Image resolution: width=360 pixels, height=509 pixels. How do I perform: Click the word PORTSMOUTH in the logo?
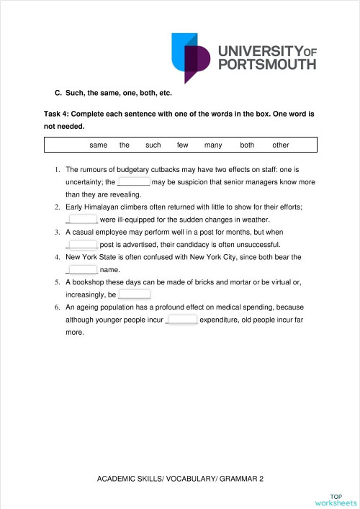(x=267, y=64)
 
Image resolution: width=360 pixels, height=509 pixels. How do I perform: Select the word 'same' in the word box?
(x=99, y=145)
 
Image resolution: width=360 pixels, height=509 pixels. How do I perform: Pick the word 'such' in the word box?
(x=153, y=145)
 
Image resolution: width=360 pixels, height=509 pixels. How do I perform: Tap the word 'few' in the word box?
(x=182, y=145)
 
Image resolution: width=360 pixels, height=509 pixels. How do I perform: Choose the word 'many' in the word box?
(x=213, y=145)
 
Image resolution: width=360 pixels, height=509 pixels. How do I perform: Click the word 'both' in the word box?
(x=247, y=145)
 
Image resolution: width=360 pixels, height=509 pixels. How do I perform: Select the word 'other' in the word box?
(x=281, y=145)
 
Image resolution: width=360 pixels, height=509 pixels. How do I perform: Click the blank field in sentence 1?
(x=133, y=182)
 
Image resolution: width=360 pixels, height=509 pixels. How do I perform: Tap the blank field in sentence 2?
(x=81, y=220)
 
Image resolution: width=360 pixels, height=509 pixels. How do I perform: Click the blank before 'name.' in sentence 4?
(x=81, y=269)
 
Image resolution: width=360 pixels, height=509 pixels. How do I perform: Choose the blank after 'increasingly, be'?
(x=134, y=294)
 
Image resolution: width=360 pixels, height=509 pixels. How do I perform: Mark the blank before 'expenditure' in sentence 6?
(x=181, y=320)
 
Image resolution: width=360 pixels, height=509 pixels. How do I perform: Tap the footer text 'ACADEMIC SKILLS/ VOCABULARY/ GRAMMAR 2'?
(x=181, y=478)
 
